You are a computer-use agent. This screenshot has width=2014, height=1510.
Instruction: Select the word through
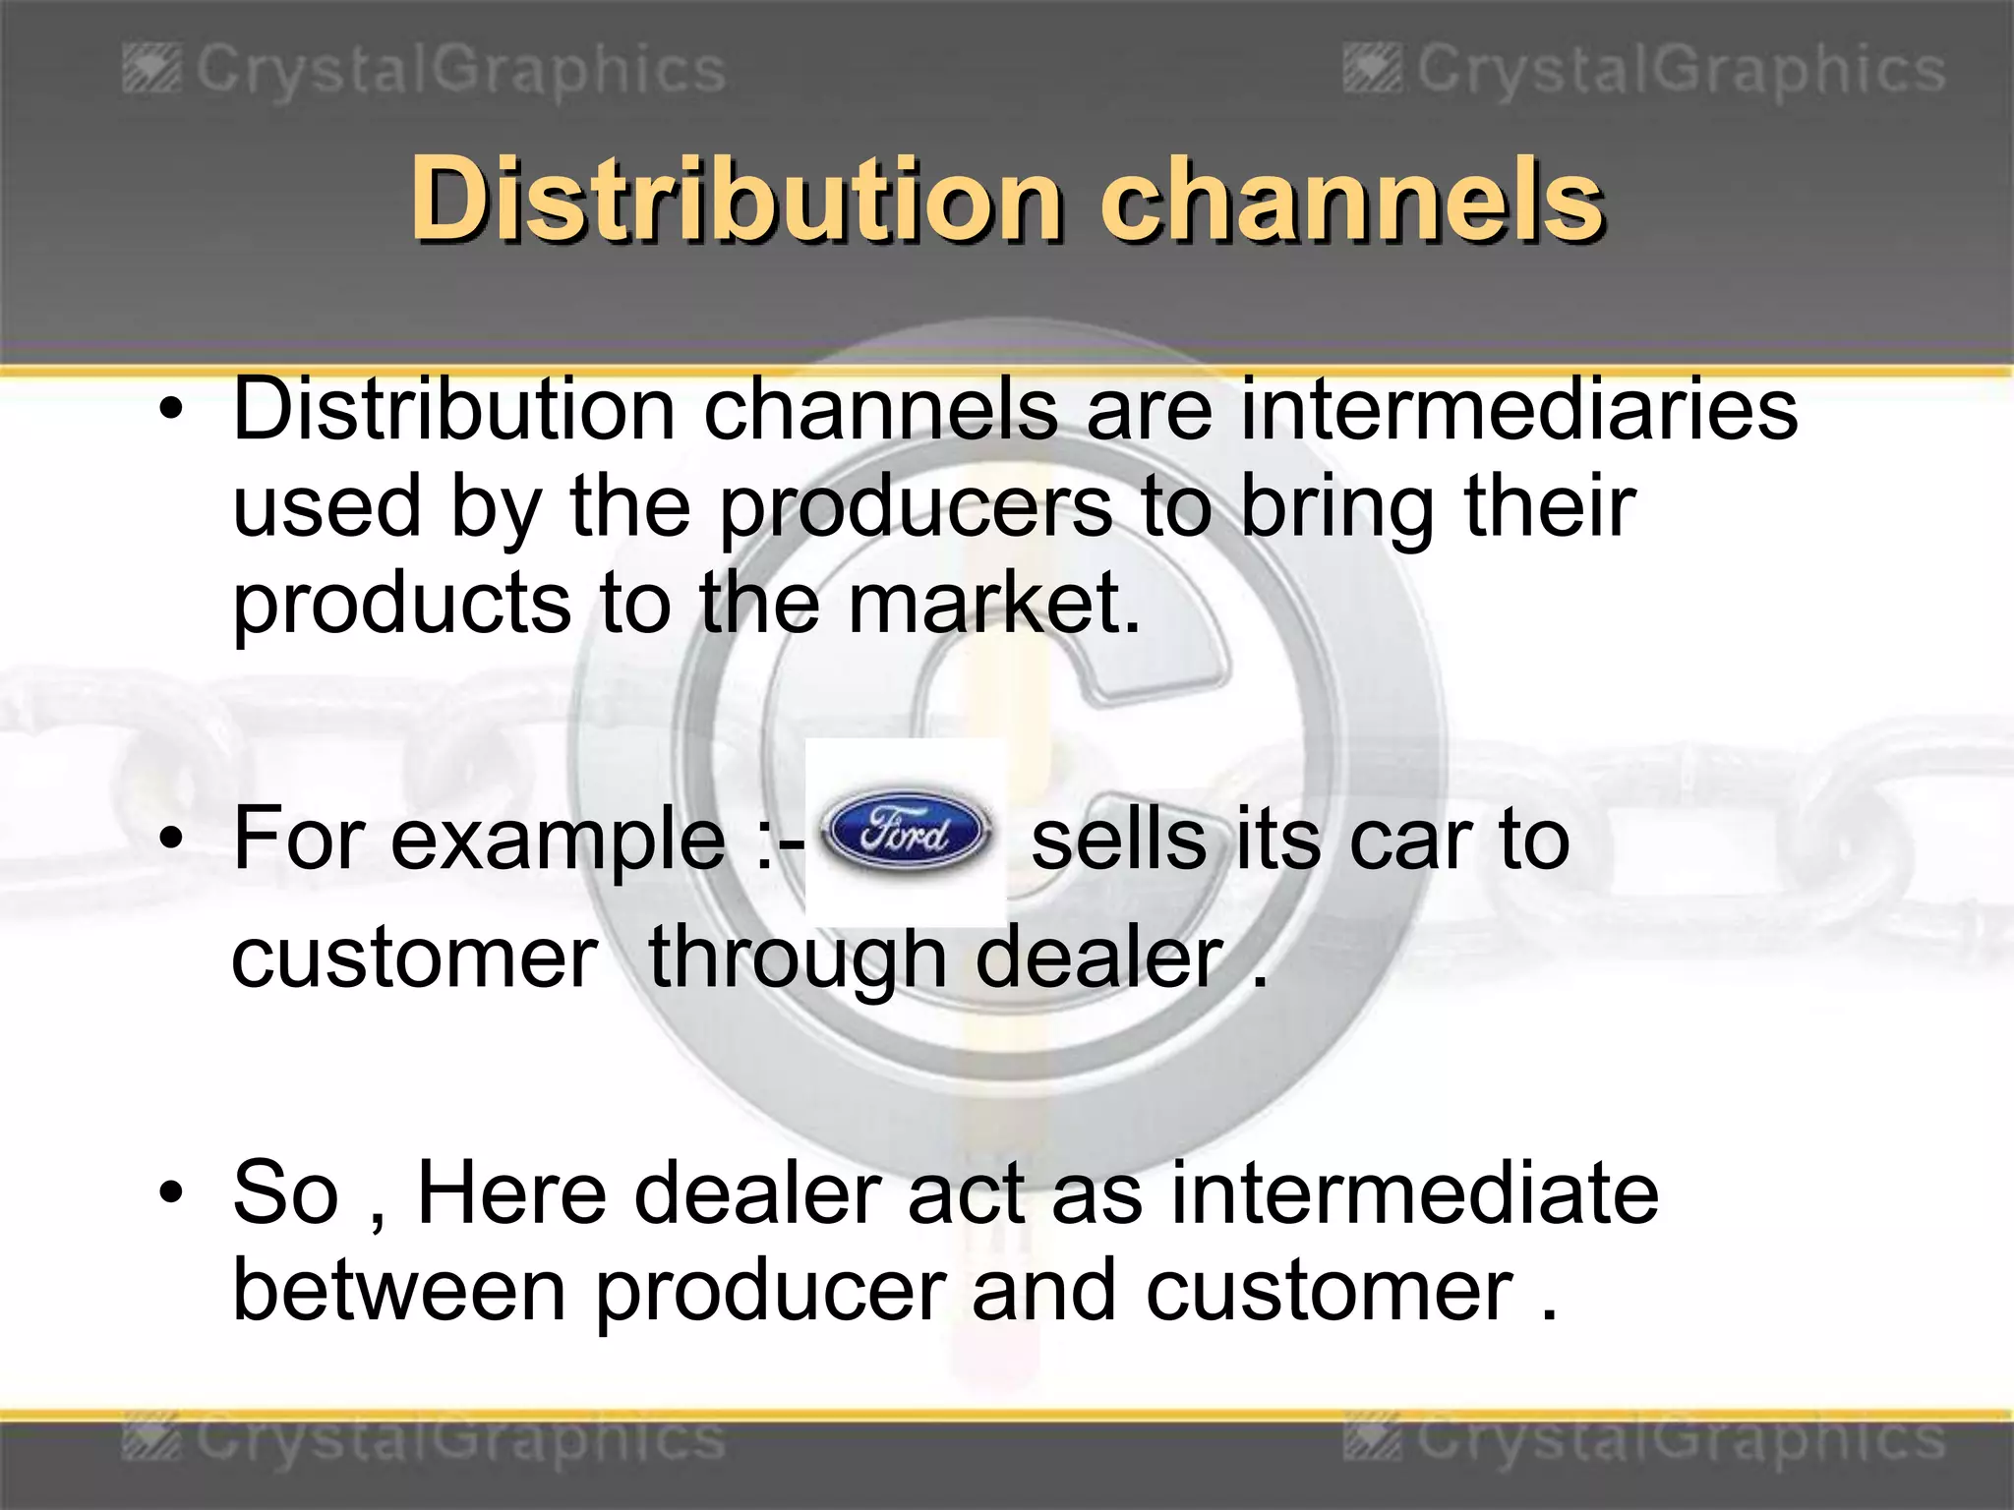[797, 959]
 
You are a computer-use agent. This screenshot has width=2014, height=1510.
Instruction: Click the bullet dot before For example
[172, 840]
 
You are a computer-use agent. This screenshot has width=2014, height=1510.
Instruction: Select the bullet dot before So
[172, 1191]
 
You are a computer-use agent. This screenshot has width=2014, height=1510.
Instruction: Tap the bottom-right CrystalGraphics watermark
[1644, 1441]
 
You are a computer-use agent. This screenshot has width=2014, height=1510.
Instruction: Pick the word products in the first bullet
[401, 605]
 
